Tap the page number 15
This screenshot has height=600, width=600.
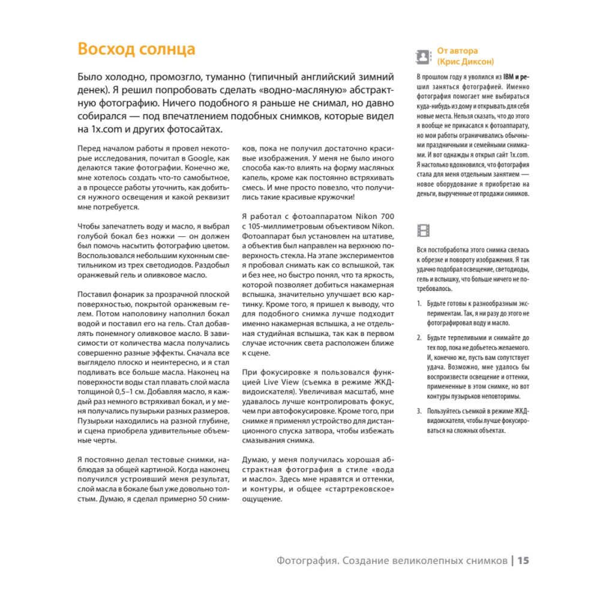point(523,561)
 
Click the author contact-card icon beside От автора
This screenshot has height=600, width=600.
point(423,56)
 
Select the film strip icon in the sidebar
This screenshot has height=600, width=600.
point(423,230)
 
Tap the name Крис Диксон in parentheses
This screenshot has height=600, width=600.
point(466,61)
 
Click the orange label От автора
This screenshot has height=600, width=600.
point(457,51)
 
